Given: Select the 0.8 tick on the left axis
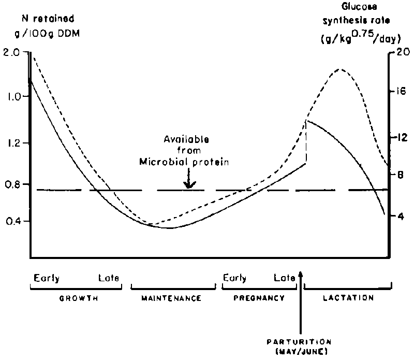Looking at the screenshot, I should click(x=14, y=184).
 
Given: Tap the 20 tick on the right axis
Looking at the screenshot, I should click(x=403, y=52).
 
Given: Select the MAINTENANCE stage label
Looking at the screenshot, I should click(x=171, y=299).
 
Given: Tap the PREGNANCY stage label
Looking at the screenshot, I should click(x=259, y=298).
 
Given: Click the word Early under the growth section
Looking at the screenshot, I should click(x=47, y=278).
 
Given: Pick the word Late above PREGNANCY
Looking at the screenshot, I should click(x=284, y=278).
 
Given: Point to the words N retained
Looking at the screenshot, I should click(x=50, y=19).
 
